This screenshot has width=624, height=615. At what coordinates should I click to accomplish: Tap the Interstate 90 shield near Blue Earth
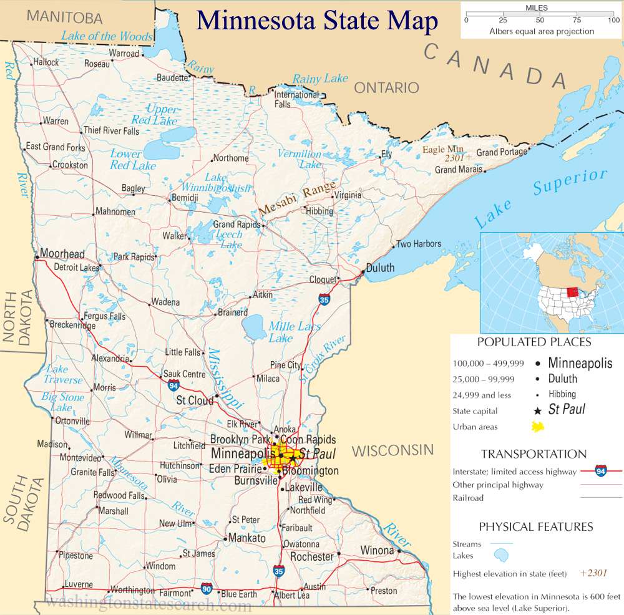click(x=207, y=588)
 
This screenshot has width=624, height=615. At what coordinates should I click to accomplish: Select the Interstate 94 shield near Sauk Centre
click(x=173, y=386)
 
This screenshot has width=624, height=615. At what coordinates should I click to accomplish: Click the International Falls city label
click(x=296, y=99)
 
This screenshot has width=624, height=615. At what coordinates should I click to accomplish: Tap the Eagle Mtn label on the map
click(x=443, y=150)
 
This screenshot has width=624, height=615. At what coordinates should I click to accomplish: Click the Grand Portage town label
click(x=502, y=152)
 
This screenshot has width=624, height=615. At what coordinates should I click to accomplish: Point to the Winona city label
click(x=377, y=550)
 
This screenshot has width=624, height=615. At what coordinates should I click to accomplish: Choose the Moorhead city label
click(x=62, y=254)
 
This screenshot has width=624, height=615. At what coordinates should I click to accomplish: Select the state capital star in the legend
click(x=537, y=410)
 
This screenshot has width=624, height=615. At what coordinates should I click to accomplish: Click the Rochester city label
click(x=312, y=556)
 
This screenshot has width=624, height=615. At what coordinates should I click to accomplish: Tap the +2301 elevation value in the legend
click(x=593, y=573)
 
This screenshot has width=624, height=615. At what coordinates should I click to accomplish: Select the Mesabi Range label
click(x=297, y=199)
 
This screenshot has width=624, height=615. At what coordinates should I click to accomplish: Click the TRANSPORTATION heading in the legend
click(x=534, y=454)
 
